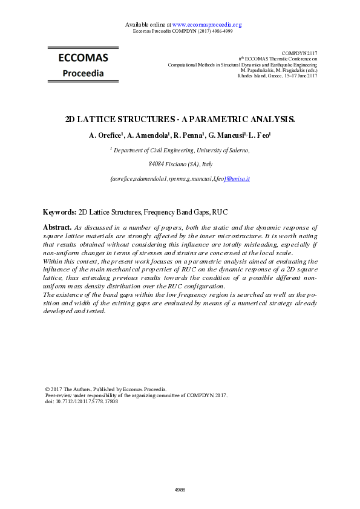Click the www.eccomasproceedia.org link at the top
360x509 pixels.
tap(207, 25)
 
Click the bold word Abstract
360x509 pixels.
tap(57, 226)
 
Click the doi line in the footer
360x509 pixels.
tap(82, 401)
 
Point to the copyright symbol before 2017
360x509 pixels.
tap(48, 389)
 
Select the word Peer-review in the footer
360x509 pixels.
tap(59, 395)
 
